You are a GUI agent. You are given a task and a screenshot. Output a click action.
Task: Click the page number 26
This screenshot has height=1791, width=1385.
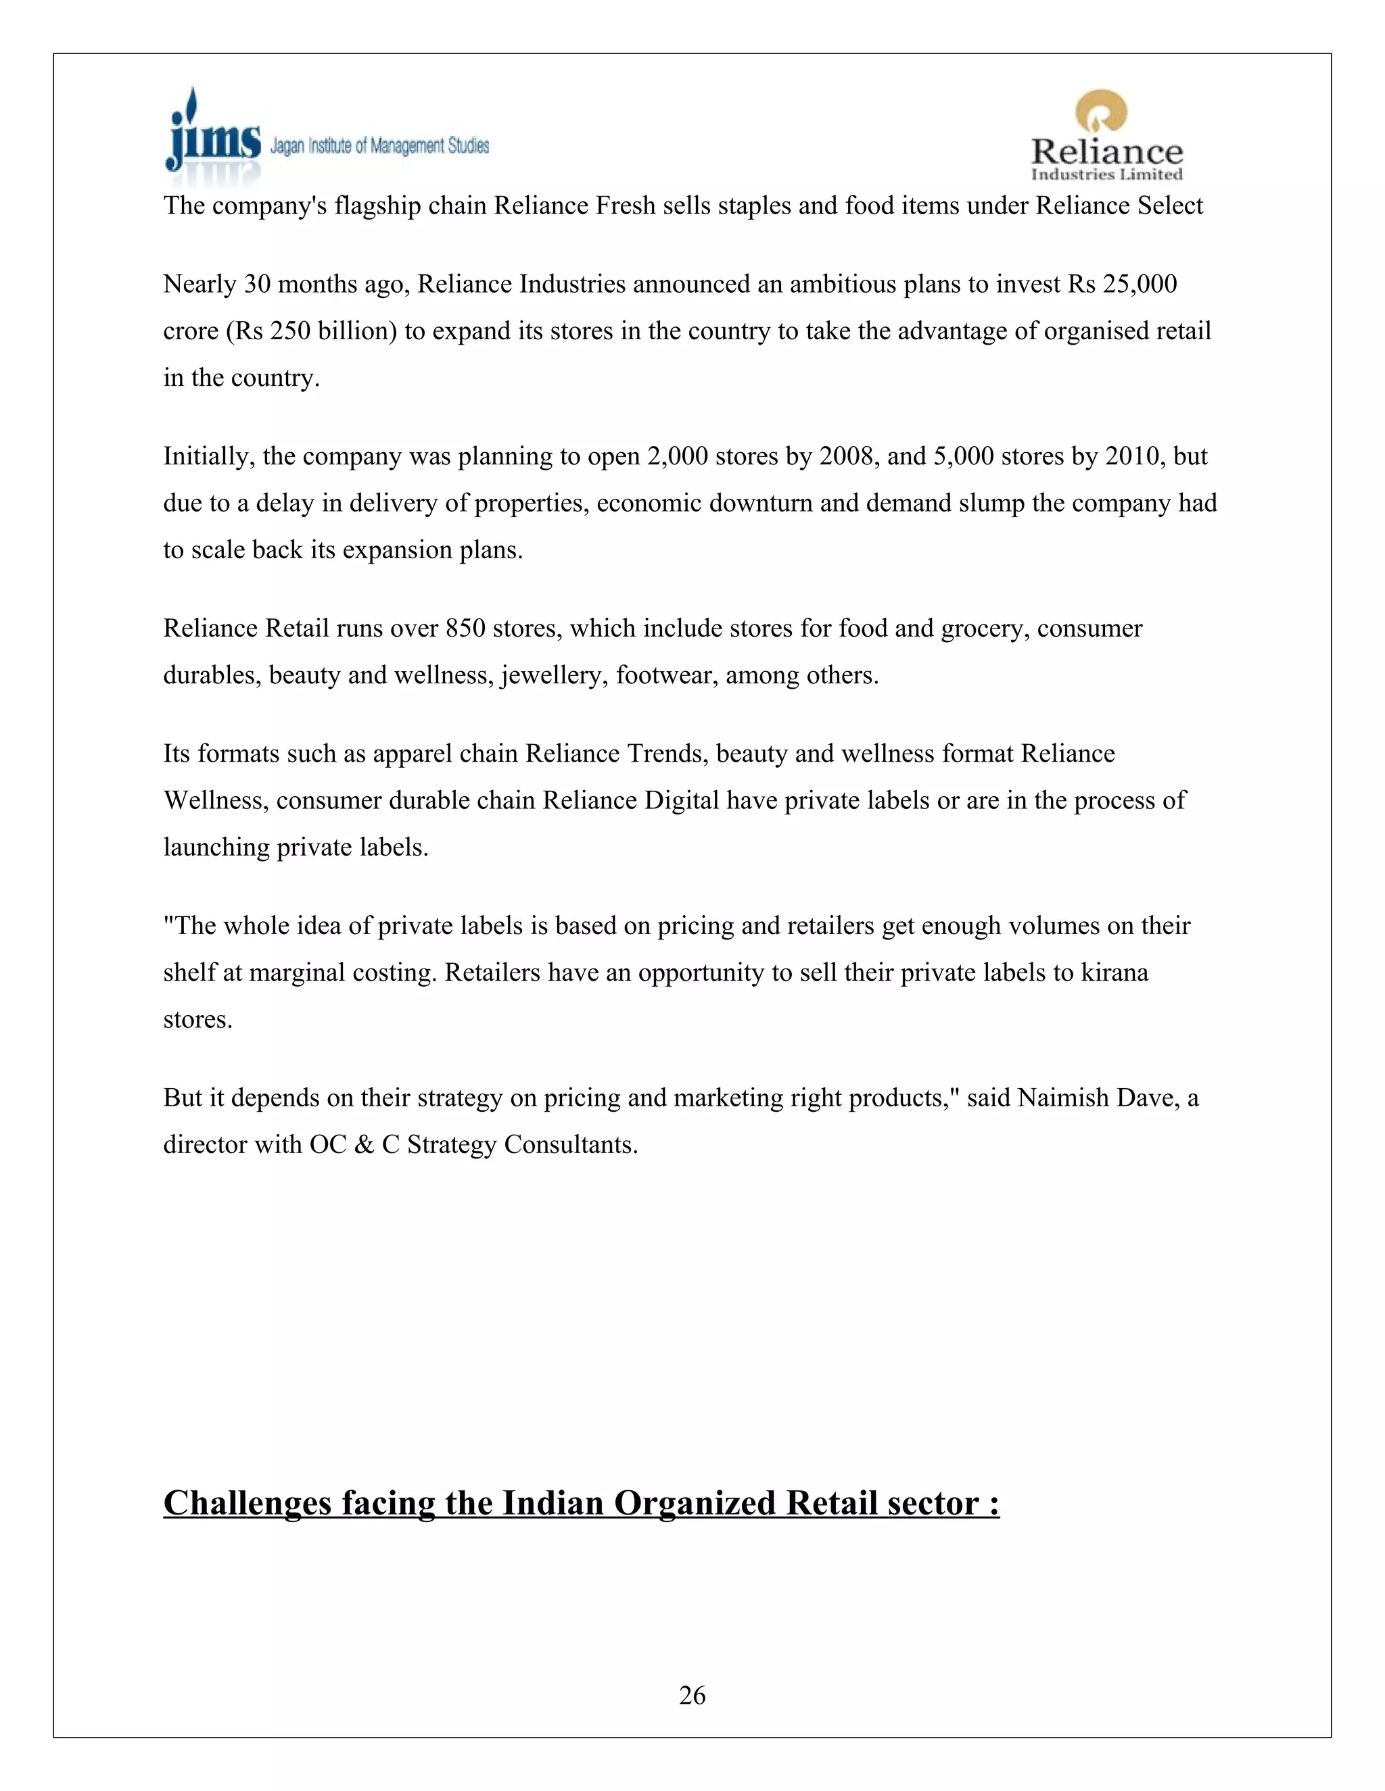(692, 1695)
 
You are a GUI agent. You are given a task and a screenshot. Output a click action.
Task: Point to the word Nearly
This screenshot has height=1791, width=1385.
(199, 285)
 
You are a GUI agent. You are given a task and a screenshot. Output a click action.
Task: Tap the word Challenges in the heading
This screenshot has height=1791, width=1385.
(247, 1503)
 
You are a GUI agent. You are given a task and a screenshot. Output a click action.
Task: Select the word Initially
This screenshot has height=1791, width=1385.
(208, 457)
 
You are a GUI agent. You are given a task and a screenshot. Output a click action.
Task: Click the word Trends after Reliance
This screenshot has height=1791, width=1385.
(665, 754)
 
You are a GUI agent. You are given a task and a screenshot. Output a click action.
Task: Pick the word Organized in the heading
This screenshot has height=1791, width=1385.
(694, 1503)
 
